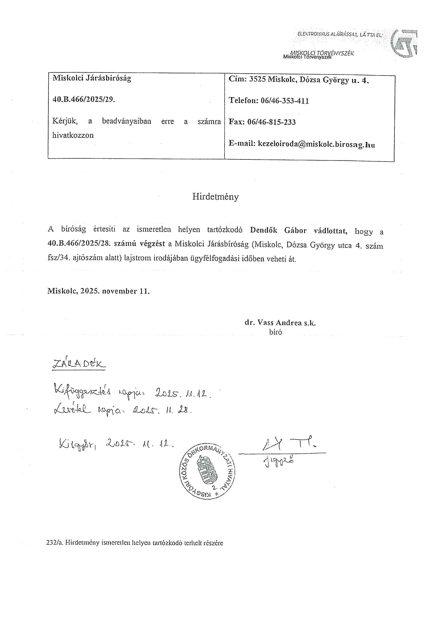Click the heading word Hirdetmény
[215, 197]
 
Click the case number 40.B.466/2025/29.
[84, 100]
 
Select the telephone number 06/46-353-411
[285, 101]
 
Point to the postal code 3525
[258, 79]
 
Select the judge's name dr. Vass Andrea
[273, 323]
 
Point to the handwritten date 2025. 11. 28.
[162, 411]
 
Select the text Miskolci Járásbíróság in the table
[92, 78]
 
